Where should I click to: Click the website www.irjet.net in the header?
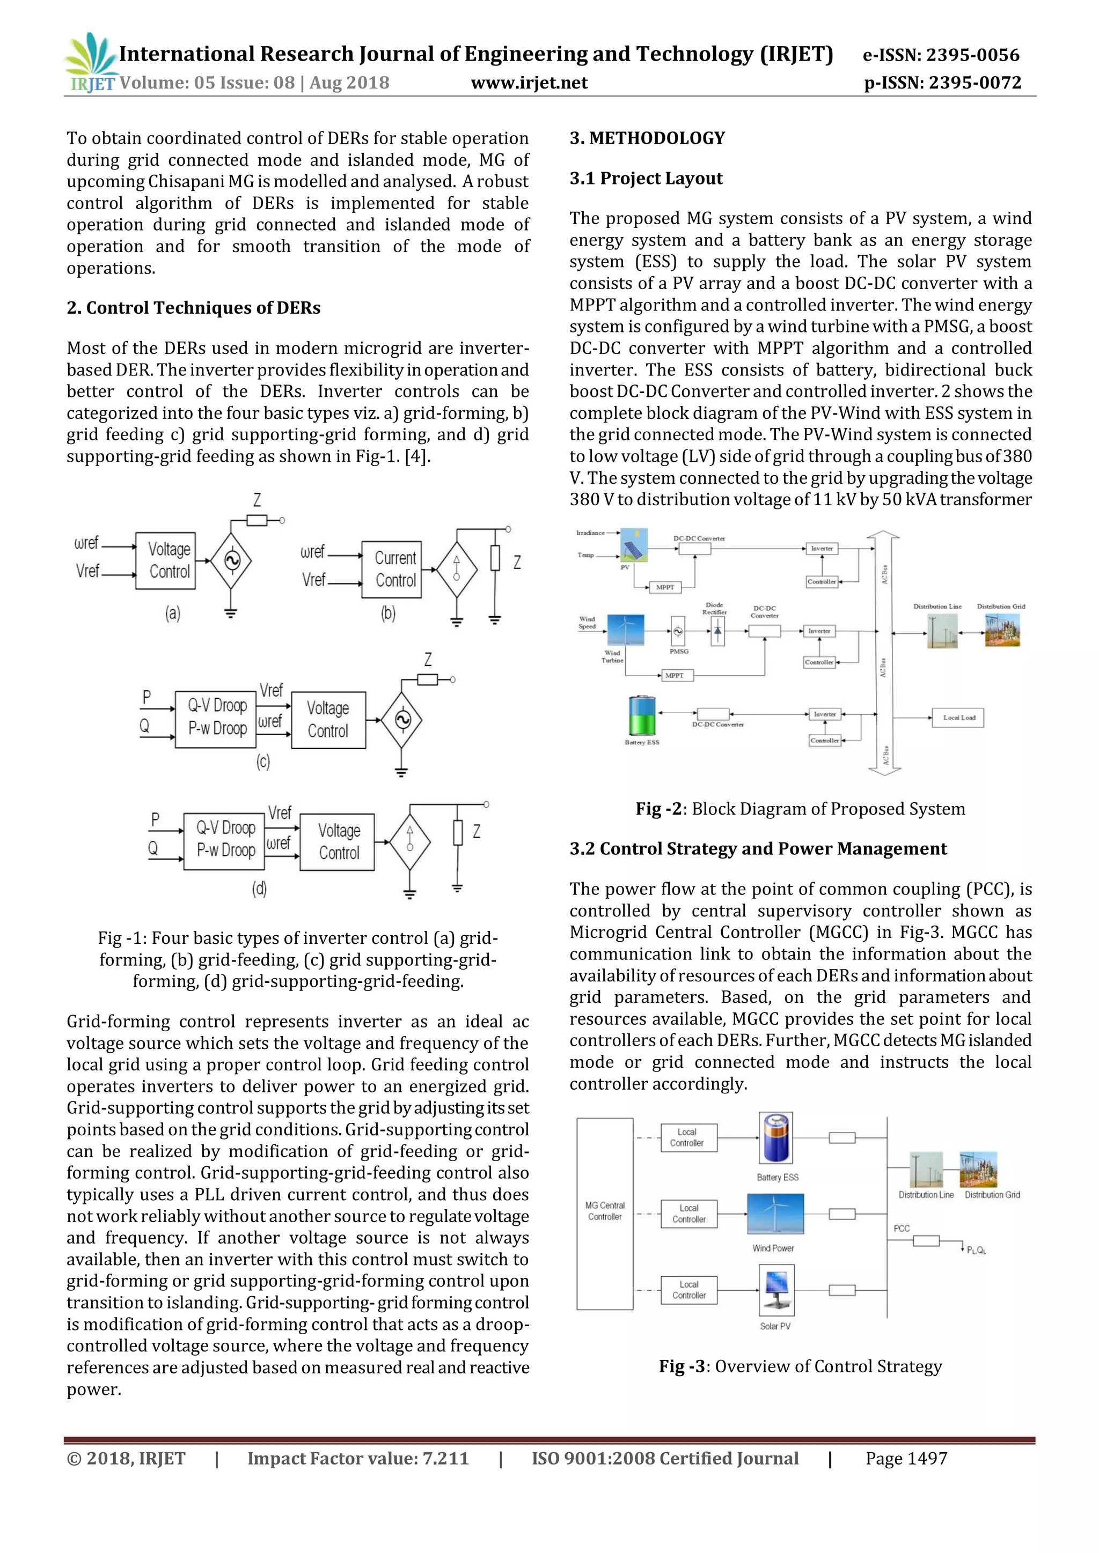529,83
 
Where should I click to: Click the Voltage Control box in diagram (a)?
165,561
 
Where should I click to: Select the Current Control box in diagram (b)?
391,570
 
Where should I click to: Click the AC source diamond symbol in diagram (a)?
231,561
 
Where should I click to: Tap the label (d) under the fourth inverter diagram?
259,888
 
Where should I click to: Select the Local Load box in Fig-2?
959,718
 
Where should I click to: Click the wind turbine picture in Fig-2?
625,631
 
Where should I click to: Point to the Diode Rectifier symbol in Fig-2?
717,631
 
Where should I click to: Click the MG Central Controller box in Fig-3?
604,1214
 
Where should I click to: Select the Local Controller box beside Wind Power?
688,1214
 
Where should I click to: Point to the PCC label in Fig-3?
902,1229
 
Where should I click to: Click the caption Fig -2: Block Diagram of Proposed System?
800,809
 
